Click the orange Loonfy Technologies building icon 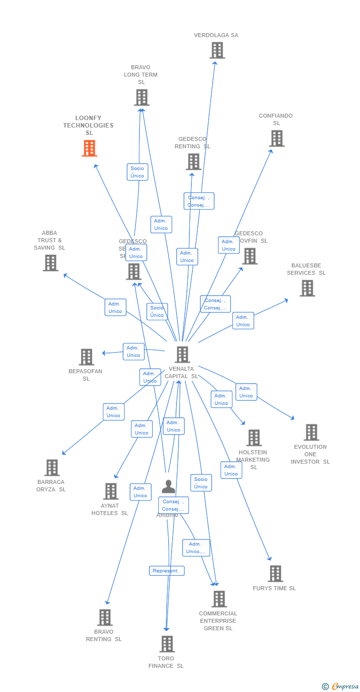coord(90,148)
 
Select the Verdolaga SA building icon coord(217,50)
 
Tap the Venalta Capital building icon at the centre coord(182,354)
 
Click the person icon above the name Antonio coord(169,487)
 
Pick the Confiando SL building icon coord(277,138)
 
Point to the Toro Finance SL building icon coord(167,644)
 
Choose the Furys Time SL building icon coord(275,574)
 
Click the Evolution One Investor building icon coord(311,432)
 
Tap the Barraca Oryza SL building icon coord(52,468)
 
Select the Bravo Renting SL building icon coord(105,617)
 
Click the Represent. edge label coord(167,571)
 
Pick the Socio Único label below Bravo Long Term coord(137,172)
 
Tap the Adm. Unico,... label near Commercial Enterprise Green coord(196,548)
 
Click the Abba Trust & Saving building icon coord(50,263)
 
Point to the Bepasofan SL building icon coord(87,357)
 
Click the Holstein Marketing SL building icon coord(254,438)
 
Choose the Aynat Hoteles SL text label coord(110,509)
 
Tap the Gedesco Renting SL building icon coord(193,162)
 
